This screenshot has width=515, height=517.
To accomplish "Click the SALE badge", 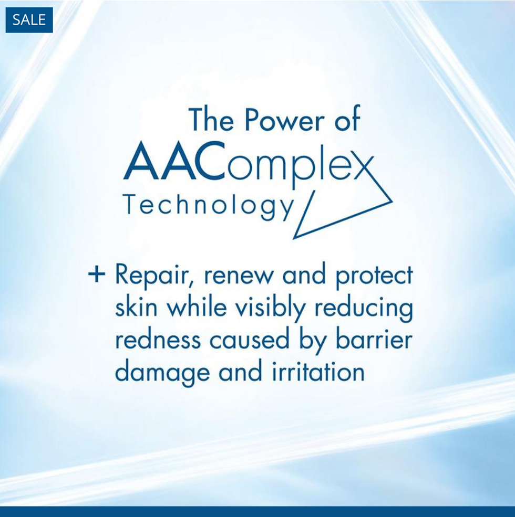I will (x=29, y=20).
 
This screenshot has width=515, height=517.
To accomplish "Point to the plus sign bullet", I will (x=97, y=275).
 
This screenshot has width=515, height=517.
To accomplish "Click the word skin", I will (x=136, y=308).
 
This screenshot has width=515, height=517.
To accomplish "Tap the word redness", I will (x=158, y=340).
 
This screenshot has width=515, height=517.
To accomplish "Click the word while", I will (x=198, y=308).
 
